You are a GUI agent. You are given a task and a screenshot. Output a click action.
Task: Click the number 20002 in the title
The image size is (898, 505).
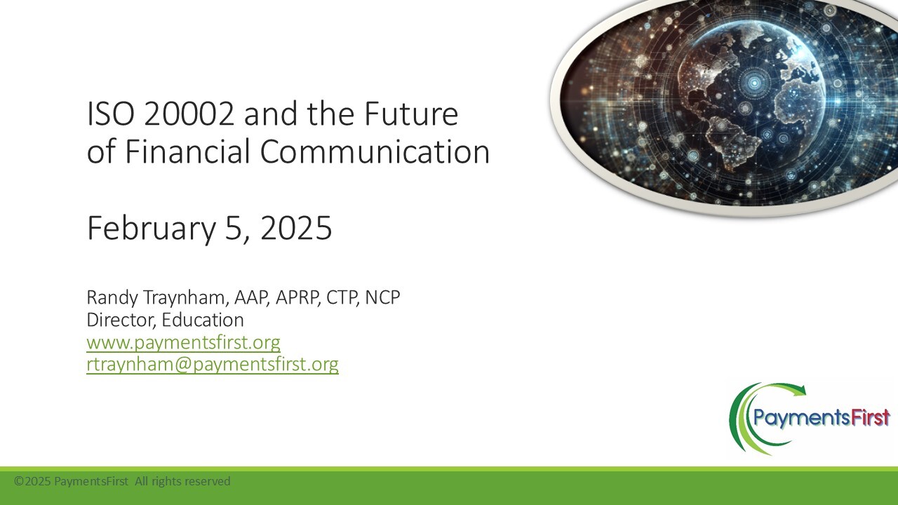[x=189, y=114]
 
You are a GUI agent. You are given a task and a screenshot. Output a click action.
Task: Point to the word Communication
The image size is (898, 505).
[x=375, y=151]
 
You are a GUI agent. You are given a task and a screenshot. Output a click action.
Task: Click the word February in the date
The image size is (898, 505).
[x=152, y=228]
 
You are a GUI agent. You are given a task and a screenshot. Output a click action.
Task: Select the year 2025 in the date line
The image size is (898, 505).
[x=296, y=228]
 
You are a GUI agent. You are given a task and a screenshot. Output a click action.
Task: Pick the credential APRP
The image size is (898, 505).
[x=297, y=297]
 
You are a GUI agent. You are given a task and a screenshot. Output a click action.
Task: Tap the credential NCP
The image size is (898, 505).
[x=382, y=297]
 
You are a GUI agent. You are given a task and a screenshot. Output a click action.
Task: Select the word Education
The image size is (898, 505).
[x=203, y=320]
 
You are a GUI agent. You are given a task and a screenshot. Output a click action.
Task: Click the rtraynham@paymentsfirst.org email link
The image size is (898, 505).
[x=213, y=364]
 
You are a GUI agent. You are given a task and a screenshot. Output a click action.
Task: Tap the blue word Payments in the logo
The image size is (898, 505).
[x=802, y=419]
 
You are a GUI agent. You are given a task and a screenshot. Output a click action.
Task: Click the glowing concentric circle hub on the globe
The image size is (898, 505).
[x=754, y=83]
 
